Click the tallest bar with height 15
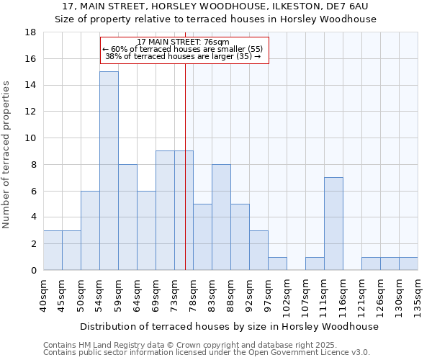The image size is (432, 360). click(109, 171)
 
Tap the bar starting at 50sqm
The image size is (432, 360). click(90, 230)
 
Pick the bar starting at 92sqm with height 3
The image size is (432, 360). click(258, 250)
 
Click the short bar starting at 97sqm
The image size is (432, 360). click(277, 264)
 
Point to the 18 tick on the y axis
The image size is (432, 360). click(30, 32)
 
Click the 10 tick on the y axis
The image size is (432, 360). click(30, 138)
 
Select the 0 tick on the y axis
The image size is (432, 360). click(33, 270)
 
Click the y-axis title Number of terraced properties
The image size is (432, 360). click(7, 155)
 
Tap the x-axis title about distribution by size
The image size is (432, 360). click(229, 326)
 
